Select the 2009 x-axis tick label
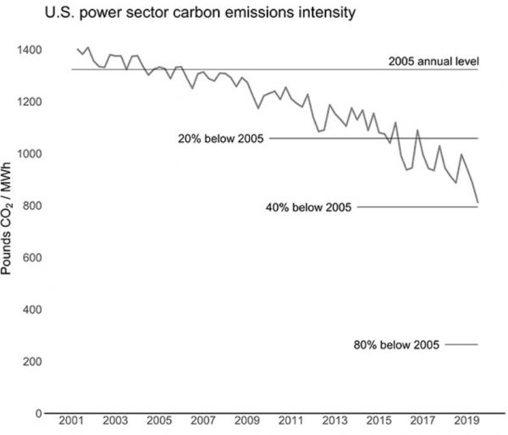(x=246, y=421)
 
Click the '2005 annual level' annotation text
(x=433, y=61)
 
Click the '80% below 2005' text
(x=398, y=344)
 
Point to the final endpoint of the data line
(x=478, y=203)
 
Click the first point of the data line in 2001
(x=77, y=50)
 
